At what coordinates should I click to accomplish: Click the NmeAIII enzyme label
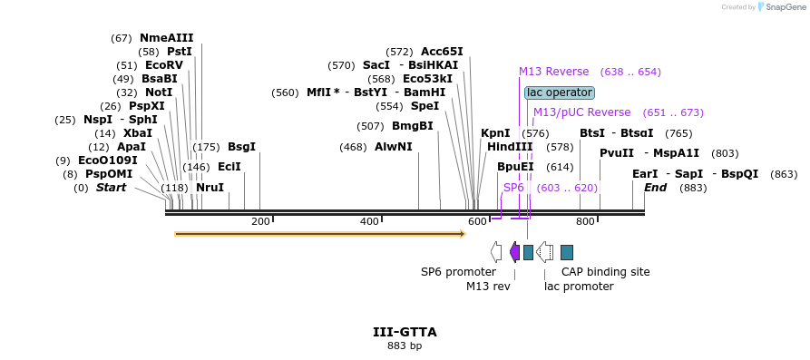pos(166,38)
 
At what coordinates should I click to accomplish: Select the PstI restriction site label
pos(180,52)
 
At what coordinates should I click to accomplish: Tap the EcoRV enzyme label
pos(163,65)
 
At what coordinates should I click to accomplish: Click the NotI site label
pos(158,92)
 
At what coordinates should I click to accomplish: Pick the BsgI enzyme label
pos(241,147)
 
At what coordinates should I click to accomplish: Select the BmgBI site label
pos(412,126)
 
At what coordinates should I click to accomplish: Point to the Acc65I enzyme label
pos(442,52)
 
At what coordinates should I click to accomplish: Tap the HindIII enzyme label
pos(510,147)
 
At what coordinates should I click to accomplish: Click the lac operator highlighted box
pos(559,92)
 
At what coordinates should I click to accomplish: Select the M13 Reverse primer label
pos(553,72)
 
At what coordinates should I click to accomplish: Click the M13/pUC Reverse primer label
pos(581,112)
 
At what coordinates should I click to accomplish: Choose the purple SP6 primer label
pos(513,188)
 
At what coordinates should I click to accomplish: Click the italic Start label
pos(111,188)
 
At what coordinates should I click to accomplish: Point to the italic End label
pos(655,188)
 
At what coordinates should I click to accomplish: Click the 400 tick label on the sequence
pos(369,222)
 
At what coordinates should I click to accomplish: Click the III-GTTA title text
pos(405,332)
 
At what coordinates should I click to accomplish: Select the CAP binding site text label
pos(605,272)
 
